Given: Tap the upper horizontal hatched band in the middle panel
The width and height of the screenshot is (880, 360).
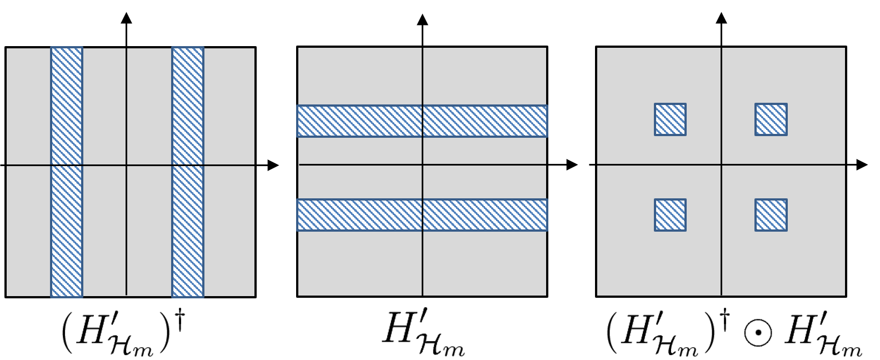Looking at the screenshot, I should [361, 121].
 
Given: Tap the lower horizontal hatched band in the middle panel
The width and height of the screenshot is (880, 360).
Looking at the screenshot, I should [361, 214].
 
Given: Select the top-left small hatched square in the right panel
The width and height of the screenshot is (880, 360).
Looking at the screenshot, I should [670, 119].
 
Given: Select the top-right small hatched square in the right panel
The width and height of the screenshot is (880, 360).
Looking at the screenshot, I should [771, 119].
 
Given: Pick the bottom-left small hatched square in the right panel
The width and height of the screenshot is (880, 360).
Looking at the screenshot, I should [670, 215].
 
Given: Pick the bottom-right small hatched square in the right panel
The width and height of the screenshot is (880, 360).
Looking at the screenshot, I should [771, 215].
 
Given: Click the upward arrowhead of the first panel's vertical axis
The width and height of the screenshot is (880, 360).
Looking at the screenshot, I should [127, 18].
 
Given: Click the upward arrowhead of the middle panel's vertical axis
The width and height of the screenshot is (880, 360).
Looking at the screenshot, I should [422, 20].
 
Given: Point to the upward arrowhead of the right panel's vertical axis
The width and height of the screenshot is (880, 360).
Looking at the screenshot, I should [722, 18].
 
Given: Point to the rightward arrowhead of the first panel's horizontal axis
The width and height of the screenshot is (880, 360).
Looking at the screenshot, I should [273, 165].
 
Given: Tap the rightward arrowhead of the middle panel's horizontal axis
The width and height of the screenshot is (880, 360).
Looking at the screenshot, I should [572, 165].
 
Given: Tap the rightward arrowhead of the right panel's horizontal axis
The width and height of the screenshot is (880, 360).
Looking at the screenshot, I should [862, 165].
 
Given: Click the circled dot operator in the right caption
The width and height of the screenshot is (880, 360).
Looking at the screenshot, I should [758, 336].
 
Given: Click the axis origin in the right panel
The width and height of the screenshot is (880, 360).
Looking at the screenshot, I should [722, 165].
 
